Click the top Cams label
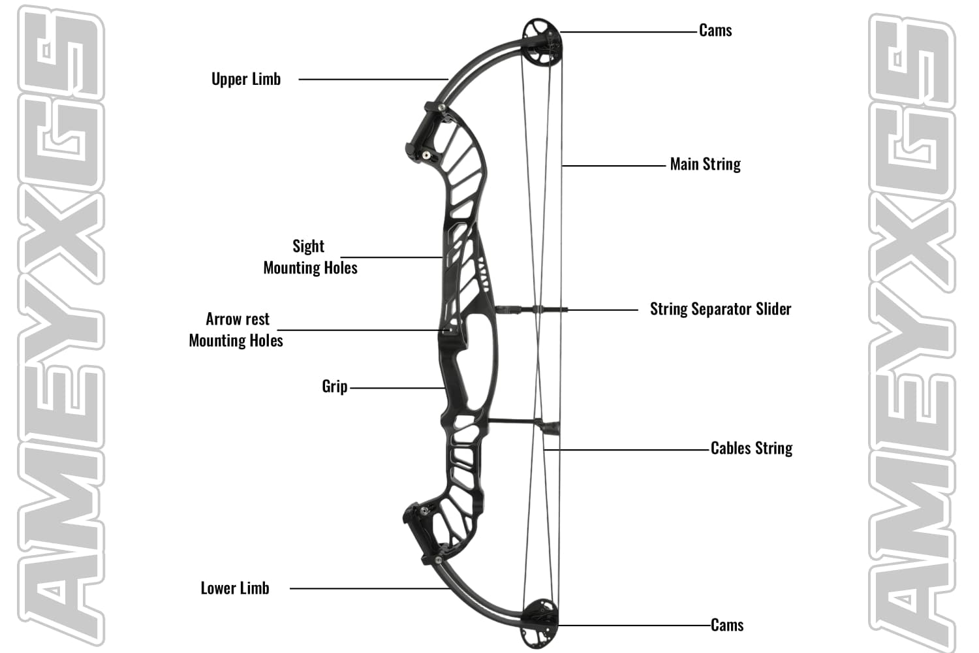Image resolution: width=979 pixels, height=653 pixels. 715,31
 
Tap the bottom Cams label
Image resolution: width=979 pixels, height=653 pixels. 727,625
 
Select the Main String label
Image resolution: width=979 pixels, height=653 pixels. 705,164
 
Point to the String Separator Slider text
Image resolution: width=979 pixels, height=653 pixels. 721,309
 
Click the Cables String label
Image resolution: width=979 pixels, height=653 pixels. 751,448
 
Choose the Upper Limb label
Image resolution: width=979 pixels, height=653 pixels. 246,79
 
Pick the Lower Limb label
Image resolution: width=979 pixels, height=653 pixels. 235,588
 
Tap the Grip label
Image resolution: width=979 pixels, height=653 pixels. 334,386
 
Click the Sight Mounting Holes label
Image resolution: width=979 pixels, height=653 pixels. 310,257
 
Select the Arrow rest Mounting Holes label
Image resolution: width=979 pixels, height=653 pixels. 236,330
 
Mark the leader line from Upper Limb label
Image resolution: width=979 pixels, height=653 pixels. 372,80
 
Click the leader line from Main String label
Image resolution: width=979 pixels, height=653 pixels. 614,166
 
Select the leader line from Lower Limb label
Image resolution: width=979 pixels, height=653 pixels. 369,588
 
